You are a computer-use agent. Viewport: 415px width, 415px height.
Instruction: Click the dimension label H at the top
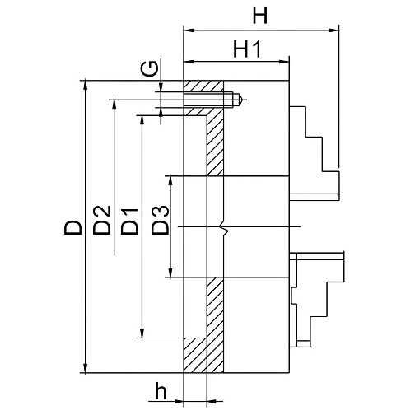(x=259, y=16)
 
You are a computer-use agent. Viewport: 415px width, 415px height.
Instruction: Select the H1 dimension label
(x=246, y=49)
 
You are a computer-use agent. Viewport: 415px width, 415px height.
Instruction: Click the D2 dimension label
(x=102, y=220)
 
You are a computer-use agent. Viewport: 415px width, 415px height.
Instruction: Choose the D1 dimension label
(x=129, y=221)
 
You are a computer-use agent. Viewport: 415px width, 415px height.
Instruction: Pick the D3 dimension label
(x=160, y=220)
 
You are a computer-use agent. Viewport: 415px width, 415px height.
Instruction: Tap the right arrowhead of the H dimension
(x=333, y=30)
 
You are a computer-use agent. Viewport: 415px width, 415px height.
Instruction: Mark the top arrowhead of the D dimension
(x=86, y=86)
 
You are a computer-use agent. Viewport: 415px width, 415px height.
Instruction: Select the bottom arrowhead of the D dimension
(x=86, y=367)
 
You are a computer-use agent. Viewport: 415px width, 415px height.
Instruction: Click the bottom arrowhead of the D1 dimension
(x=142, y=332)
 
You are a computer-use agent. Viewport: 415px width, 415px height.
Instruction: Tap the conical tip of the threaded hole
(x=238, y=99)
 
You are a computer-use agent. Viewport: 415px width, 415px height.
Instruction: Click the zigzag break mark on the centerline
(x=225, y=227)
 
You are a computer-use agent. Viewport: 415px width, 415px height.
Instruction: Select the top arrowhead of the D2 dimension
(x=114, y=105)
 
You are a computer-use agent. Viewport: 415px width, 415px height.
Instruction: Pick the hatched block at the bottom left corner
(x=194, y=355)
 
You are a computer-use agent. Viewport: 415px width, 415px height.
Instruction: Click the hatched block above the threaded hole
(x=203, y=86)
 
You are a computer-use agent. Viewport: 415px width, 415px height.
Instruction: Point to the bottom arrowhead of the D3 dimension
(x=170, y=272)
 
